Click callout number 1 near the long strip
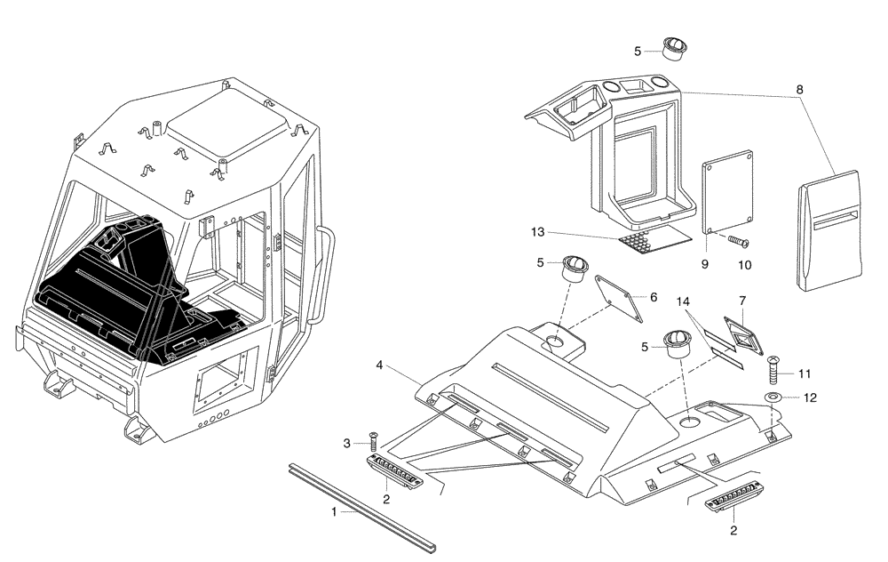pyautogui.click(x=334, y=512)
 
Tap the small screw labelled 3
pyautogui.click(x=372, y=439)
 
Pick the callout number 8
pyautogui.click(x=800, y=90)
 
